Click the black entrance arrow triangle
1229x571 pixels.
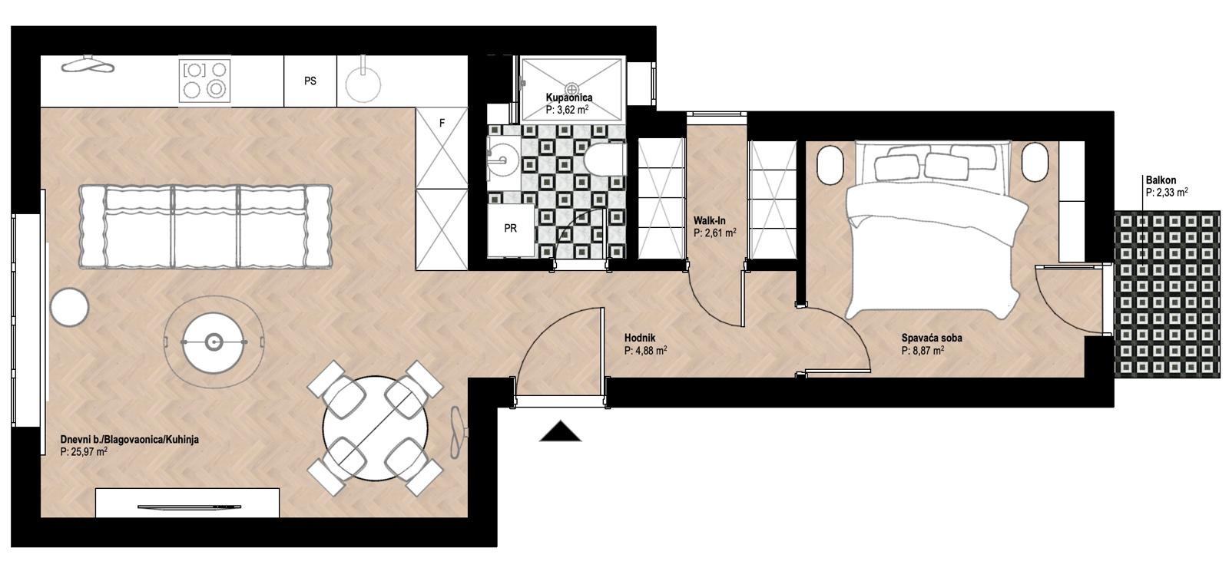pyautogui.click(x=560, y=431)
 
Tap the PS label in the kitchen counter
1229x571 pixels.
pyautogui.click(x=310, y=81)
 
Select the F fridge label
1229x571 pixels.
pyautogui.click(x=442, y=124)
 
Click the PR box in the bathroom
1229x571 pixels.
pyautogui.click(x=511, y=228)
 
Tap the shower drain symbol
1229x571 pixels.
pyautogui.click(x=571, y=89)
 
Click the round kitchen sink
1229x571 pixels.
pyautogui.click(x=363, y=85)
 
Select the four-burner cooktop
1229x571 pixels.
pyautogui.click(x=204, y=81)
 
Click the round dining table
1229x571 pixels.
pyautogui.click(x=376, y=428)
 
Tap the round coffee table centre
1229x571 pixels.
pyautogui.click(x=214, y=343)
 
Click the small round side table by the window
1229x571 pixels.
pyautogui.click(x=69, y=308)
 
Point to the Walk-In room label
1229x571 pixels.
pyautogui.click(x=710, y=221)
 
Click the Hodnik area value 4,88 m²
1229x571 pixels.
pyautogui.click(x=646, y=351)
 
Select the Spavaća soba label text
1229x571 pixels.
pyautogui.click(x=932, y=338)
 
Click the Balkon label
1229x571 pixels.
pyautogui.click(x=1161, y=180)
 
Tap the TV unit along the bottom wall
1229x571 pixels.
pyautogui.click(x=187, y=503)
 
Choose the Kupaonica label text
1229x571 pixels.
pyautogui.click(x=569, y=98)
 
